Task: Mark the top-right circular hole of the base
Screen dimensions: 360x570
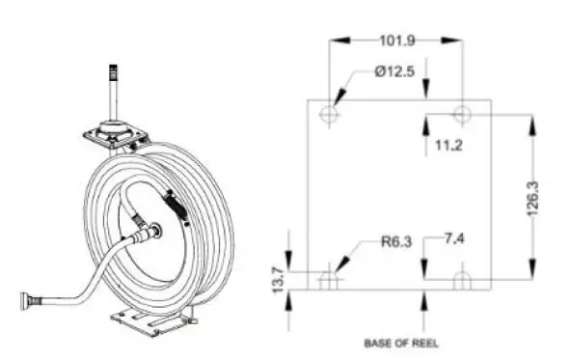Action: [x=462, y=115]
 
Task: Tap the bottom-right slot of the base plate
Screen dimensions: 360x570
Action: [x=462, y=280]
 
